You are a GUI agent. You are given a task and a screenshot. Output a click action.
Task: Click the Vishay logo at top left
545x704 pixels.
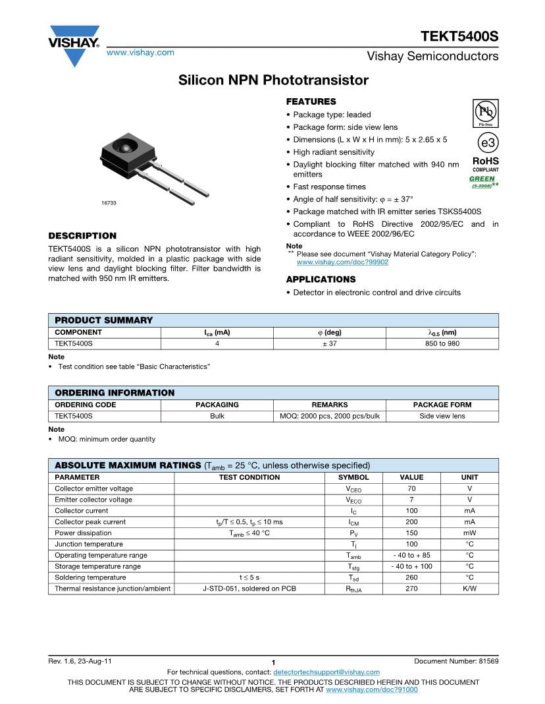pyautogui.click(x=74, y=45)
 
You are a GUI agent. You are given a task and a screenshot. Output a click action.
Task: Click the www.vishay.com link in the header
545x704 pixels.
pyautogui.click(x=140, y=53)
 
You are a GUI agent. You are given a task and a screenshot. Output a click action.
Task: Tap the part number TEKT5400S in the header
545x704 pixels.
pyautogui.click(x=460, y=36)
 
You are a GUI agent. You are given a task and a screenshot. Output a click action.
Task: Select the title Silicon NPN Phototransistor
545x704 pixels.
pyautogui.click(x=273, y=80)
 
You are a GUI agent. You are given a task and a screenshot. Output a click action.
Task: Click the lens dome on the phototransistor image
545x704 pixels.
pyautogui.click(x=124, y=146)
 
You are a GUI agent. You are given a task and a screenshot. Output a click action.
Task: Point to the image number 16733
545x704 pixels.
pyautogui.click(x=109, y=203)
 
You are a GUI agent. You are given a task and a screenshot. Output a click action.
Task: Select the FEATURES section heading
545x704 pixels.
pyautogui.click(x=311, y=102)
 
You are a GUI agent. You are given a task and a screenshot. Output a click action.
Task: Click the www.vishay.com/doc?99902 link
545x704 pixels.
pyautogui.click(x=342, y=262)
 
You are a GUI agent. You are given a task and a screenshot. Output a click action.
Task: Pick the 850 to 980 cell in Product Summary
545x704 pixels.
pyautogui.click(x=442, y=343)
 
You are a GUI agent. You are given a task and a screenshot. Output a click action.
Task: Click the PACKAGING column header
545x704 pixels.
pyautogui.click(x=217, y=405)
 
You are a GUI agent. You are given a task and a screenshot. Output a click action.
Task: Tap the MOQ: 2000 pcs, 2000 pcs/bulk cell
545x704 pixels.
pyautogui.click(x=329, y=416)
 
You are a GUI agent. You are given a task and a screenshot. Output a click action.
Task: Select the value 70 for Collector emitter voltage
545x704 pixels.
pyautogui.click(x=411, y=488)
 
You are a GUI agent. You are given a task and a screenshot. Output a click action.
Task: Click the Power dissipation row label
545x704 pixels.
pyautogui.click(x=83, y=533)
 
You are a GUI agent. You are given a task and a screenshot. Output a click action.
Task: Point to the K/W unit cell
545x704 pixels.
pyautogui.click(x=469, y=588)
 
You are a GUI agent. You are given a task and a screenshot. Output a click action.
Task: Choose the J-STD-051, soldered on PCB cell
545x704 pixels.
pyautogui.click(x=249, y=588)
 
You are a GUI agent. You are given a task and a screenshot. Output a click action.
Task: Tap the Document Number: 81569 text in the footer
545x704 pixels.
pyautogui.click(x=456, y=661)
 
